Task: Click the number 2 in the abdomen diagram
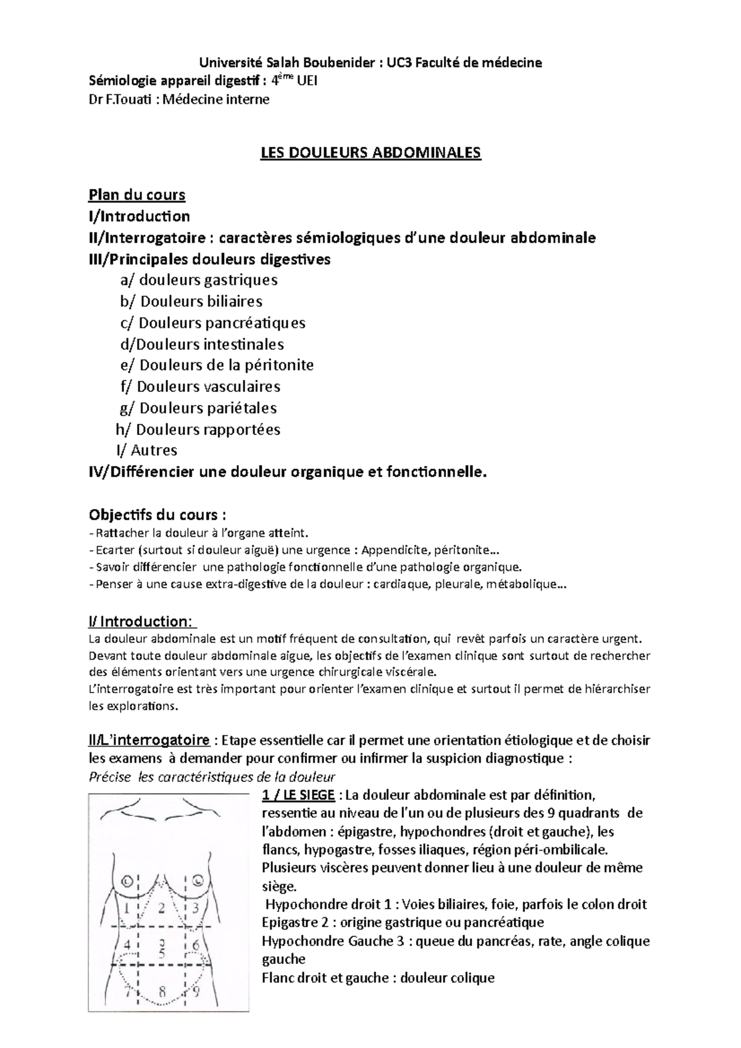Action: click(x=162, y=908)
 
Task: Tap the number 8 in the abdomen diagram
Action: click(x=162, y=992)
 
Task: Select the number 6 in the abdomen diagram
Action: click(x=196, y=945)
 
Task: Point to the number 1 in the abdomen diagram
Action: click(x=127, y=908)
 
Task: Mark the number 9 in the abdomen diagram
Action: click(x=196, y=992)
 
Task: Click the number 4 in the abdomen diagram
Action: click(x=127, y=945)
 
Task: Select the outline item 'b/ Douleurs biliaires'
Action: click(x=191, y=301)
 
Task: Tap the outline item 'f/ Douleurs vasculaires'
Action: click(x=201, y=386)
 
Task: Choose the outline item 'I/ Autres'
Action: click(x=147, y=450)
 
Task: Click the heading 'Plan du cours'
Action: click(x=137, y=195)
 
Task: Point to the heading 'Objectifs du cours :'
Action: click(x=157, y=514)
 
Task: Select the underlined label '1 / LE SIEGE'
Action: click(x=298, y=794)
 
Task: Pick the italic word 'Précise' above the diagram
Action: click(x=110, y=776)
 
